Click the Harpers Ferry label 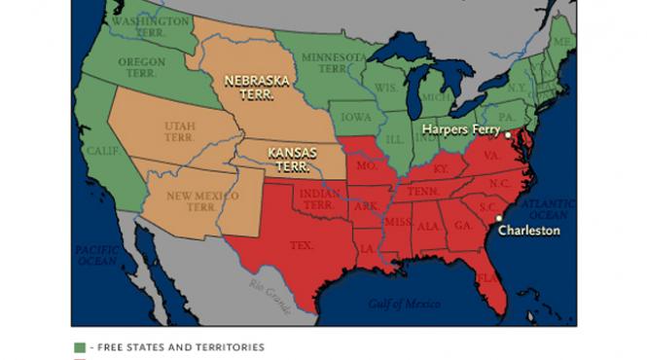click(460, 128)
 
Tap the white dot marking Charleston click(498, 218)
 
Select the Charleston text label click(528, 231)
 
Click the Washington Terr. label click(150, 26)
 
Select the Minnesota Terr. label click(334, 62)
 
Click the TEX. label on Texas click(302, 246)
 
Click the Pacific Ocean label click(96, 255)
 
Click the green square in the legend click(79, 346)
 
